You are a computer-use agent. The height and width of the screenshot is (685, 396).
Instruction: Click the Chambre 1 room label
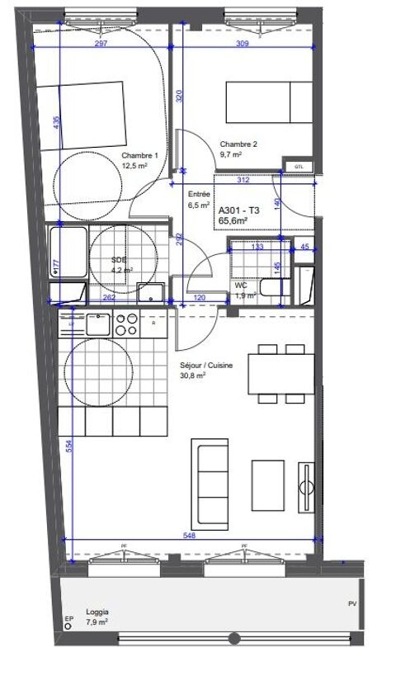point(139,156)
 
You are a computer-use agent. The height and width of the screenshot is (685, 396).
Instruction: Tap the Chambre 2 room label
point(238,145)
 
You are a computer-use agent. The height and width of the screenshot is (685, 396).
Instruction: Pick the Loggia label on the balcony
point(97,612)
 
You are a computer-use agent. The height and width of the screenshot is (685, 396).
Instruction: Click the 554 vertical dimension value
point(71,445)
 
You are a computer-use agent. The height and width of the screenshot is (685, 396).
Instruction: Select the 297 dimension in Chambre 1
point(101,43)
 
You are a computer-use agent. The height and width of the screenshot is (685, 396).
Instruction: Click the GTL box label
point(298,167)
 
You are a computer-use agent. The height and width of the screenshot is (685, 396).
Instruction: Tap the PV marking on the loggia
point(352,604)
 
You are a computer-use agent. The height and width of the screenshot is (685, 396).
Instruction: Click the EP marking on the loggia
point(68,620)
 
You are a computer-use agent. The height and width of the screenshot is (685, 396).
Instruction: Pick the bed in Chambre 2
point(270,102)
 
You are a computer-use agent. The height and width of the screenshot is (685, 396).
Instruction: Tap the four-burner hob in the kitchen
point(126,324)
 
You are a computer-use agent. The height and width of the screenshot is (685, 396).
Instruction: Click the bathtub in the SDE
point(66,254)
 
